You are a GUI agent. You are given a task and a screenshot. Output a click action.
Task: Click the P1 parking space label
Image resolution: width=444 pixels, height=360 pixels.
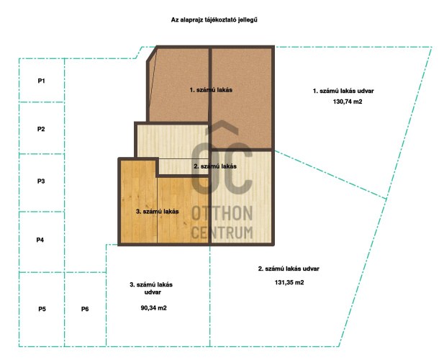tap(41, 81)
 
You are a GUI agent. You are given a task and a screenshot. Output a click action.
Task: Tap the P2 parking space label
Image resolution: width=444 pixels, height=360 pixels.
tap(41, 129)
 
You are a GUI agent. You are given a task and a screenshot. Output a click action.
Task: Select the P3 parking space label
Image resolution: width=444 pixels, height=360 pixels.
tap(41, 181)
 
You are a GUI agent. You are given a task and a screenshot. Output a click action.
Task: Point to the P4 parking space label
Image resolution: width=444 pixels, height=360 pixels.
tap(40, 240)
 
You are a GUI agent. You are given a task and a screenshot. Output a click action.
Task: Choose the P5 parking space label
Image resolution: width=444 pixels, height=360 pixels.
tap(42, 309)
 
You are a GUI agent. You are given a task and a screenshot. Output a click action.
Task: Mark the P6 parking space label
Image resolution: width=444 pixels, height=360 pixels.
tap(85, 309)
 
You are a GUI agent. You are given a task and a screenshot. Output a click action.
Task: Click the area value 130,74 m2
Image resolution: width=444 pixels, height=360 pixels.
tap(348, 102)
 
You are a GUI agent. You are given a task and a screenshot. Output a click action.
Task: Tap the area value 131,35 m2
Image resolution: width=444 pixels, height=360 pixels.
tap(289, 282)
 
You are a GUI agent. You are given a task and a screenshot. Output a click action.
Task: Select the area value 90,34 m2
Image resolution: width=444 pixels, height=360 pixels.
tap(153, 308)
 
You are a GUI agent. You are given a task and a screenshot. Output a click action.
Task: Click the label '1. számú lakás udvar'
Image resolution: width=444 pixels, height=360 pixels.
tap(343, 91)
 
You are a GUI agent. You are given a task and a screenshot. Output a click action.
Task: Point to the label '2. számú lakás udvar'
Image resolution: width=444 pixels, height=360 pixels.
tap(289, 269)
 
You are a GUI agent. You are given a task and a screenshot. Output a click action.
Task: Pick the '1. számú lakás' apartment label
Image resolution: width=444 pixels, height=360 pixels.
tap(211, 90)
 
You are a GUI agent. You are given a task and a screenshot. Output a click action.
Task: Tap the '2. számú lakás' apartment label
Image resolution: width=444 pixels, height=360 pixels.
tap(215, 166)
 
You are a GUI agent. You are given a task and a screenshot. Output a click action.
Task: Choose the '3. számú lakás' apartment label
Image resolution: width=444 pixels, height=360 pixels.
tap(157, 211)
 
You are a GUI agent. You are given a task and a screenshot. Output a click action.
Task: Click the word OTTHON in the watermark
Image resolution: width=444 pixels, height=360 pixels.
tap(222, 213)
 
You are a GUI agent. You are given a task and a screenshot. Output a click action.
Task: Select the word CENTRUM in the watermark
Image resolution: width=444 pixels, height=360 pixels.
tap(222, 233)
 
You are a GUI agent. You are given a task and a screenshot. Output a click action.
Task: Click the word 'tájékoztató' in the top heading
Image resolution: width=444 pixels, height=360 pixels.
tap(219, 20)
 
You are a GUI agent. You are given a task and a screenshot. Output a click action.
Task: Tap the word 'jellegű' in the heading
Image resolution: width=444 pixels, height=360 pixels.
tap(247, 20)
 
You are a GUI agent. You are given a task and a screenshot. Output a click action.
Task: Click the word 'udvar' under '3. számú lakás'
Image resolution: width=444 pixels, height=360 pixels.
tap(153, 292)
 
